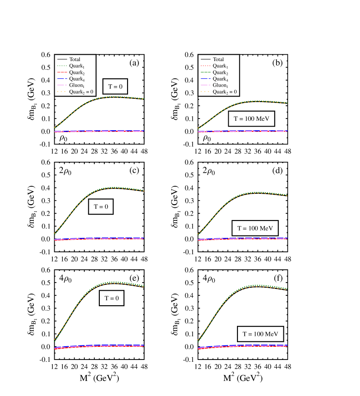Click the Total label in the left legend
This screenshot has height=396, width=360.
pos(75,59)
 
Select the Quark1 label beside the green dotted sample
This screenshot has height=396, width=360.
pos(77,66)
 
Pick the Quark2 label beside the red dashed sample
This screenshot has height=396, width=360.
pos(77,72)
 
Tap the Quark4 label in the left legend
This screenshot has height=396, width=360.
pos(77,79)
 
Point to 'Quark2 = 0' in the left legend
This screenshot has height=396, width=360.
pos(82,92)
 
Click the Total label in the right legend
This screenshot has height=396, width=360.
pos(218,59)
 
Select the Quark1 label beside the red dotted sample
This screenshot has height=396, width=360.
pos(221,66)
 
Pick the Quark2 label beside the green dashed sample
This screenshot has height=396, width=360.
pos(221,72)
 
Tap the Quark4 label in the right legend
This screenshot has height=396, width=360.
pos(221,79)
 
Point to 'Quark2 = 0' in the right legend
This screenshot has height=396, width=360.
pos(225,92)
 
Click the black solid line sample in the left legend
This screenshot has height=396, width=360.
pos(62,59)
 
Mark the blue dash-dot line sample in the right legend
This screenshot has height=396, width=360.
pos(206,79)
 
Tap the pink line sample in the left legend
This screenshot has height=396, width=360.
pos(62,85)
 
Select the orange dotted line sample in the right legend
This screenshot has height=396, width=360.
pos(206,92)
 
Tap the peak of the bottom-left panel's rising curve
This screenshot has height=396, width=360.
pos(114,283)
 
